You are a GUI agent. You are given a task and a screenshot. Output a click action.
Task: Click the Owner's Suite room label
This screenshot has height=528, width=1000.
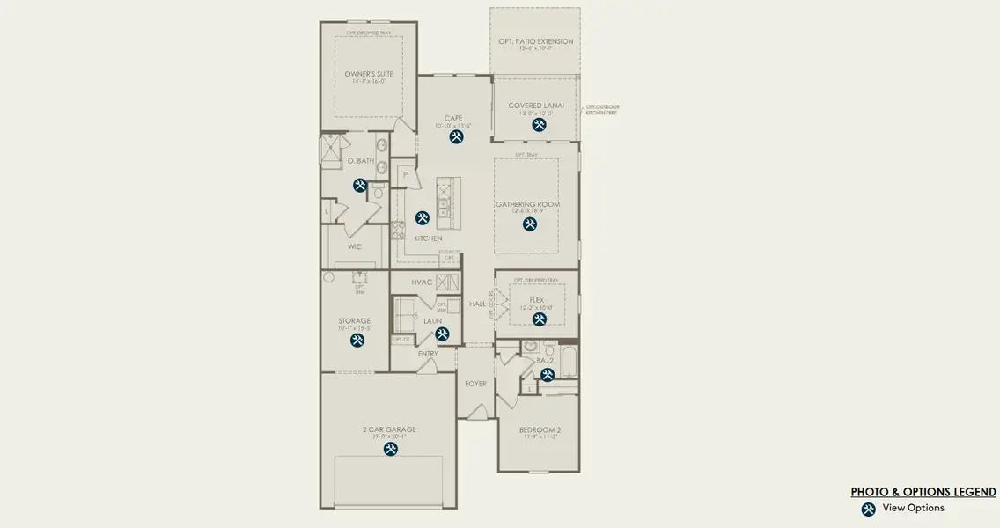[360, 74]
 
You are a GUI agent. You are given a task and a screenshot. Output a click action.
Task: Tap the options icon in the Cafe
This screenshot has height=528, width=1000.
[457, 137]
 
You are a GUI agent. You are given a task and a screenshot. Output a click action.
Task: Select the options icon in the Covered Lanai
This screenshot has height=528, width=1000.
[539, 125]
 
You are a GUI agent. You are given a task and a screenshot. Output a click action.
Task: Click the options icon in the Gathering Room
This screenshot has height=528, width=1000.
[530, 224]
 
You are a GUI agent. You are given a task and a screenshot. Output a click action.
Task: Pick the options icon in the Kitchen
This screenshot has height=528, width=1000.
[423, 217]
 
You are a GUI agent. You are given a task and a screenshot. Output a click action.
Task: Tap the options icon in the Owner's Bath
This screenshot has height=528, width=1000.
[360, 185]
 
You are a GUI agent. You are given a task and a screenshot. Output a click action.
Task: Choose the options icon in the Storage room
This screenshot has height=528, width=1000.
[358, 341]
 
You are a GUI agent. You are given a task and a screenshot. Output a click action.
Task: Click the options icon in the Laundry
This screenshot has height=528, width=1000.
[442, 334]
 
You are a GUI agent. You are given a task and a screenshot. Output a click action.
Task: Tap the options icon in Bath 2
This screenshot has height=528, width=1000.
[547, 375]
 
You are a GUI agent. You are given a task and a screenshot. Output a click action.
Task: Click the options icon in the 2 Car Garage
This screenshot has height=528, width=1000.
[391, 449]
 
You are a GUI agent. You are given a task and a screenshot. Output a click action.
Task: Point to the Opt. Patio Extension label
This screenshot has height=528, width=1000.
[535, 41]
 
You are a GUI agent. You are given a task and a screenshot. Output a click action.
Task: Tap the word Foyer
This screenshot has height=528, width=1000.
[476, 383]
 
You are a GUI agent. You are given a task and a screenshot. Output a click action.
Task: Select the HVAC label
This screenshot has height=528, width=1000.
[422, 282]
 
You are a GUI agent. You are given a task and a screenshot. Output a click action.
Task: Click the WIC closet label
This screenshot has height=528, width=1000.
[355, 246]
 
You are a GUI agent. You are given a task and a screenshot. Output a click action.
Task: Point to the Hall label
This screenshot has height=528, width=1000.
[477, 304]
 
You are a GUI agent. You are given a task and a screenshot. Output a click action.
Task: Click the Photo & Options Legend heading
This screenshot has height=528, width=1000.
[923, 492]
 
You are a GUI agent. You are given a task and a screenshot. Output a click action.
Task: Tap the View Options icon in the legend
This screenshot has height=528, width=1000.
[868, 509]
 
